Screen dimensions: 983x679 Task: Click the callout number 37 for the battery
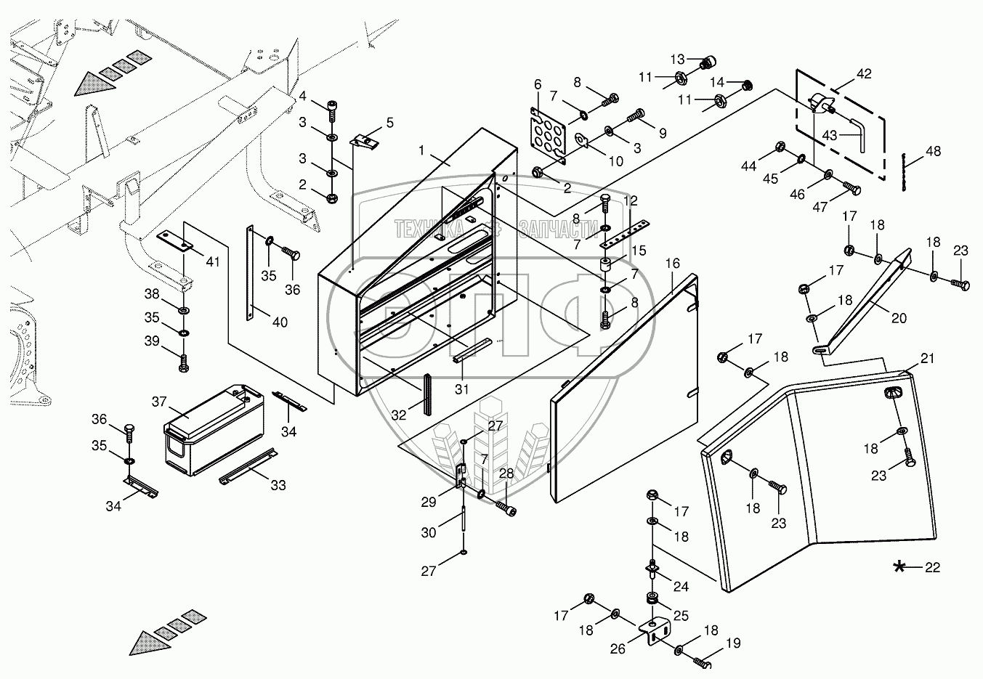tap(159, 402)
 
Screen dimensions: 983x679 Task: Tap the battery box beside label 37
tap(214, 430)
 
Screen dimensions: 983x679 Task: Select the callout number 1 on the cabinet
tap(421, 150)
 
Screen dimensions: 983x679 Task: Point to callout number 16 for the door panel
tap(672, 263)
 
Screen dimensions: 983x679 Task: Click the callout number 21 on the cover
tap(927, 358)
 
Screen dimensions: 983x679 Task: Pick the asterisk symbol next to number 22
tap(899, 567)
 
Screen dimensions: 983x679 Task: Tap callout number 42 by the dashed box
tap(864, 73)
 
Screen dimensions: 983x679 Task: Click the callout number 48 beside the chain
tap(933, 151)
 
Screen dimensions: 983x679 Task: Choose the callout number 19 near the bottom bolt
tap(733, 643)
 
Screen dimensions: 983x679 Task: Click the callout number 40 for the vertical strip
tap(280, 322)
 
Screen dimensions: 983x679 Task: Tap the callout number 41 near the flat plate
tap(213, 262)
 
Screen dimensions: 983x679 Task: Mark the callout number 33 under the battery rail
tap(278, 485)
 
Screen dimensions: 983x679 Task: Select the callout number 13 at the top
tap(678, 59)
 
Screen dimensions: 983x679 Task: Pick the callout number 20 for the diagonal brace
tap(899, 317)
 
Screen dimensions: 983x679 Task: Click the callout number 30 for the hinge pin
tap(429, 532)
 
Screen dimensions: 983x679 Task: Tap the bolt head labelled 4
tap(332, 106)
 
